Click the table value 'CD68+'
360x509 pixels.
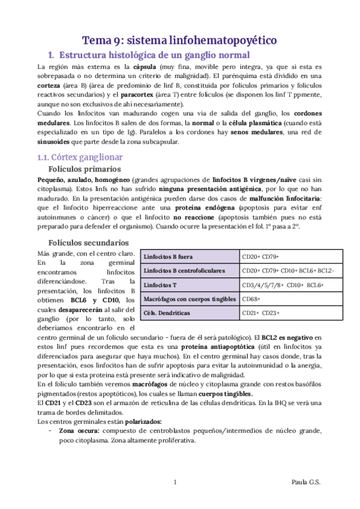point(251,298)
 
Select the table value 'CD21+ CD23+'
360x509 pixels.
point(261,313)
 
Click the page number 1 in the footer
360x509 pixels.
point(175,482)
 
